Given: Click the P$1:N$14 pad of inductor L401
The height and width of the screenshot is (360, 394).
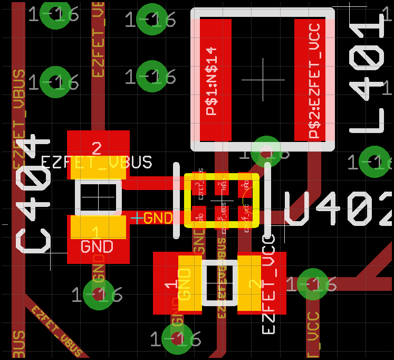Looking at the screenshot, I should (216, 80).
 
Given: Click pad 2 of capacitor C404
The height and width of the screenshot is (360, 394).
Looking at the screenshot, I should (98, 151).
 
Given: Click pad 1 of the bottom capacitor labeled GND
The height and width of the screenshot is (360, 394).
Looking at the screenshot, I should (177, 283).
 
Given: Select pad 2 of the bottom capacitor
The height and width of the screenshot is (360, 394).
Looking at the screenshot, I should (262, 283).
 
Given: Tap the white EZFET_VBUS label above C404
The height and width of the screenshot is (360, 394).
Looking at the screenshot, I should (97, 162).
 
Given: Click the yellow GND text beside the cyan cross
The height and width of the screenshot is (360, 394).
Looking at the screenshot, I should (158, 217).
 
